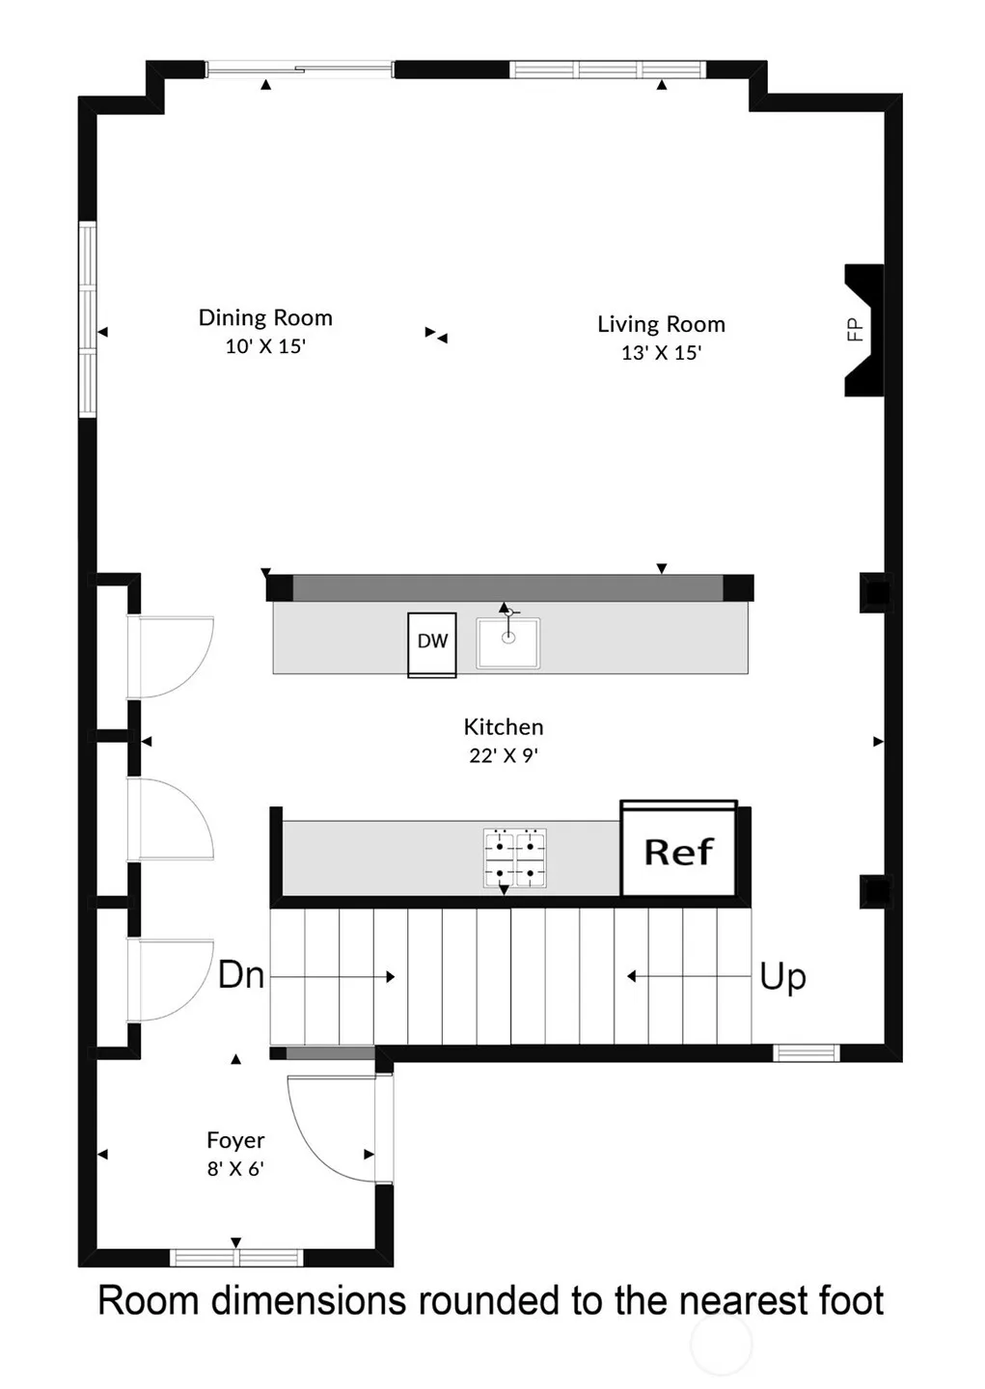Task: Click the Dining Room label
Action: pyautogui.click(x=265, y=318)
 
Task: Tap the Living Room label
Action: pyautogui.click(x=661, y=324)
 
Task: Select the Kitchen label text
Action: pyautogui.click(x=504, y=726)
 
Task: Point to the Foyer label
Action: pyautogui.click(x=235, y=1140)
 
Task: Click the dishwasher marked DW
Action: pyautogui.click(x=432, y=645)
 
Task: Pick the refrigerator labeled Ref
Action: pyautogui.click(x=678, y=848)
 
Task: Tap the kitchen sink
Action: pyautogui.click(x=508, y=643)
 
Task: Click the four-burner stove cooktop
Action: pyautogui.click(x=515, y=858)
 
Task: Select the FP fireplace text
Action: pyautogui.click(x=856, y=330)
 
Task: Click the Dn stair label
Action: pyautogui.click(x=241, y=975)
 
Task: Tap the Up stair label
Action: pyautogui.click(x=782, y=978)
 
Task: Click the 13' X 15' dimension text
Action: pyautogui.click(x=661, y=353)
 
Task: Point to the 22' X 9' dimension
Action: pyautogui.click(x=504, y=755)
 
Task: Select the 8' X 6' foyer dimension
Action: pyautogui.click(x=235, y=1169)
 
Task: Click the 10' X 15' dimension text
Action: pyautogui.click(x=265, y=346)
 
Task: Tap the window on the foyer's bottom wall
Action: pyautogui.click(x=236, y=1258)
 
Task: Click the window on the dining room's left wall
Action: pyautogui.click(x=88, y=319)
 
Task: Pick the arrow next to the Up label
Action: pyautogui.click(x=689, y=976)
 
